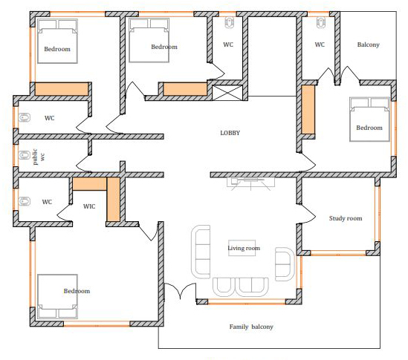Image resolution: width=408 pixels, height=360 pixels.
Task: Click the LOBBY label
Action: click(x=230, y=133)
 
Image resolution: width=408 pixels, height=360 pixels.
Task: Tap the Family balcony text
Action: click(x=251, y=327)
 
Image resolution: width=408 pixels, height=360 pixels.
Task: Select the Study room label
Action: click(x=346, y=218)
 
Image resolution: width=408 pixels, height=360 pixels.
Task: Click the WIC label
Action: click(x=89, y=206)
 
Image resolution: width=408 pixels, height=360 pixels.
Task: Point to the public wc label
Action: click(x=39, y=157)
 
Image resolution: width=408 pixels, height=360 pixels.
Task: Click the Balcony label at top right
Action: click(x=368, y=45)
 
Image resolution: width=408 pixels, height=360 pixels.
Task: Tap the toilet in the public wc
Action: click(x=25, y=155)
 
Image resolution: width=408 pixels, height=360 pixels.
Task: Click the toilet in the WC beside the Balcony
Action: click(x=321, y=22)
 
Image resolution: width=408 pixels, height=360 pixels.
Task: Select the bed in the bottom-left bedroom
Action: click(x=57, y=296)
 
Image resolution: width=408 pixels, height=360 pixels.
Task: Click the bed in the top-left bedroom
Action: click(x=57, y=41)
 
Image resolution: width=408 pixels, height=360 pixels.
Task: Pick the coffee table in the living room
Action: click(x=242, y=248)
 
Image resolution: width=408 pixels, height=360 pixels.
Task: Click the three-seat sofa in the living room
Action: click(x=201, y=252)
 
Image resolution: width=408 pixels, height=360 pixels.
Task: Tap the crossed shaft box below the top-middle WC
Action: click(x=227, y=93)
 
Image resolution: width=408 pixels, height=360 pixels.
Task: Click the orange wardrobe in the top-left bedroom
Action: click(x=62, y=89)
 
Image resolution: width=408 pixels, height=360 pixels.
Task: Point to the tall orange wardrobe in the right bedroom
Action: click(x=308, y=109)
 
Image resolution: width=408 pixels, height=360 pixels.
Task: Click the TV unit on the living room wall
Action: click(x=250, y=182)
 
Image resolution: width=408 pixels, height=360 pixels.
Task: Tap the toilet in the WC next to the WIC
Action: click(x=25, y=201)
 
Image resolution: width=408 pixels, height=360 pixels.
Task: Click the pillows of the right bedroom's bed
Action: click(x=370, y=103)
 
